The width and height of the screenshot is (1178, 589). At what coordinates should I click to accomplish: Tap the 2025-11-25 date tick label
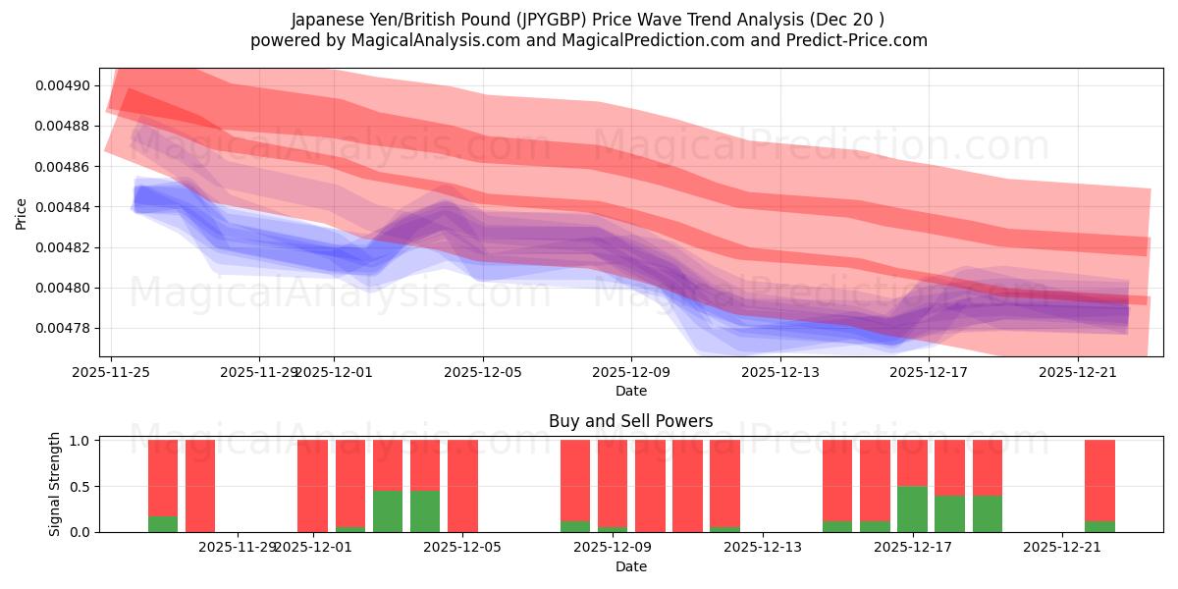tap(111, 372)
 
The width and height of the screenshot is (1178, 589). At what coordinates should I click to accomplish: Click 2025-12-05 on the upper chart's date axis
tap(482, 372)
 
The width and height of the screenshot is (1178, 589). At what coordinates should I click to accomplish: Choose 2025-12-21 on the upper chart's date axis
tap(1078, 372)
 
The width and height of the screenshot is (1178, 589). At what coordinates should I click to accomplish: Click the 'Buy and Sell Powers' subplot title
tap(630, 421)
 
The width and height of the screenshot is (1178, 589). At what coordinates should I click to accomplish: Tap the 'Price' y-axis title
tap(22, 213)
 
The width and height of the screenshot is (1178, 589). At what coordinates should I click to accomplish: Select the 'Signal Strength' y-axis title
tap(55, 484)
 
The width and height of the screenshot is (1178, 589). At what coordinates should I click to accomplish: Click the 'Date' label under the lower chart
tap(630, 566)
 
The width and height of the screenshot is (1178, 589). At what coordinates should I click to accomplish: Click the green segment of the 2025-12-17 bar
tap(912, 509)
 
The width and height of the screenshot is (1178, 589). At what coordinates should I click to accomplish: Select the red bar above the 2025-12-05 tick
tap(462, 486)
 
